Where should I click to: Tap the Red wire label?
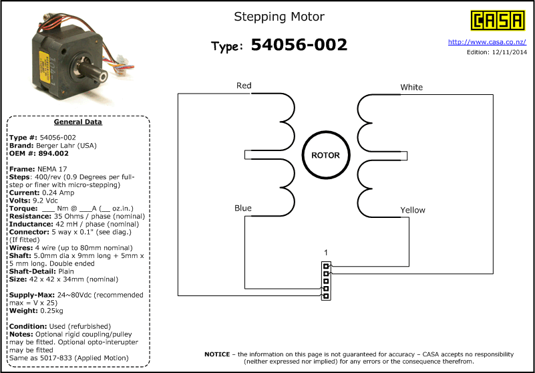pyautogui.click(x=244, y=86)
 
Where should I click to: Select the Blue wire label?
pyautogui.click(x=243, y=208)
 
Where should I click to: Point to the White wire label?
pyautogui.click(x=411, y=87)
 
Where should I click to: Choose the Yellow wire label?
pyautogui.click(x=413, y=210)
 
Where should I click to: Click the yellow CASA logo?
pyautogui.click(x=498, y=21)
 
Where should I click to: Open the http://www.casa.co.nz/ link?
pyautogui.click(x=487, y=42)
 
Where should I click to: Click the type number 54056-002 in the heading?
pyautogui.click(x=299, y=45)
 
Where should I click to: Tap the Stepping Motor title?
pyautogui.click(x=279, y=17)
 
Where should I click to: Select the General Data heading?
pyautogui.click(x=77, y=122)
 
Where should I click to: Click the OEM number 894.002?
pyautogui.click(x=54, y=153)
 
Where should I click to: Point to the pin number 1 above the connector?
pyautogui.click(x=326, y=253)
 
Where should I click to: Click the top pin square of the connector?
pyautogui.click(x=326, y=266)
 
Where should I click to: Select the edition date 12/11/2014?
pyautogui.click(x=510, y=52)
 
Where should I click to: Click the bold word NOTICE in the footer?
pyautogui.click(x=217, y=354)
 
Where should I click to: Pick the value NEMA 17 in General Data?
pyautogui.click(x=51, y=169)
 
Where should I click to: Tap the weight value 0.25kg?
pyautogui.click(x=51, y=311)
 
